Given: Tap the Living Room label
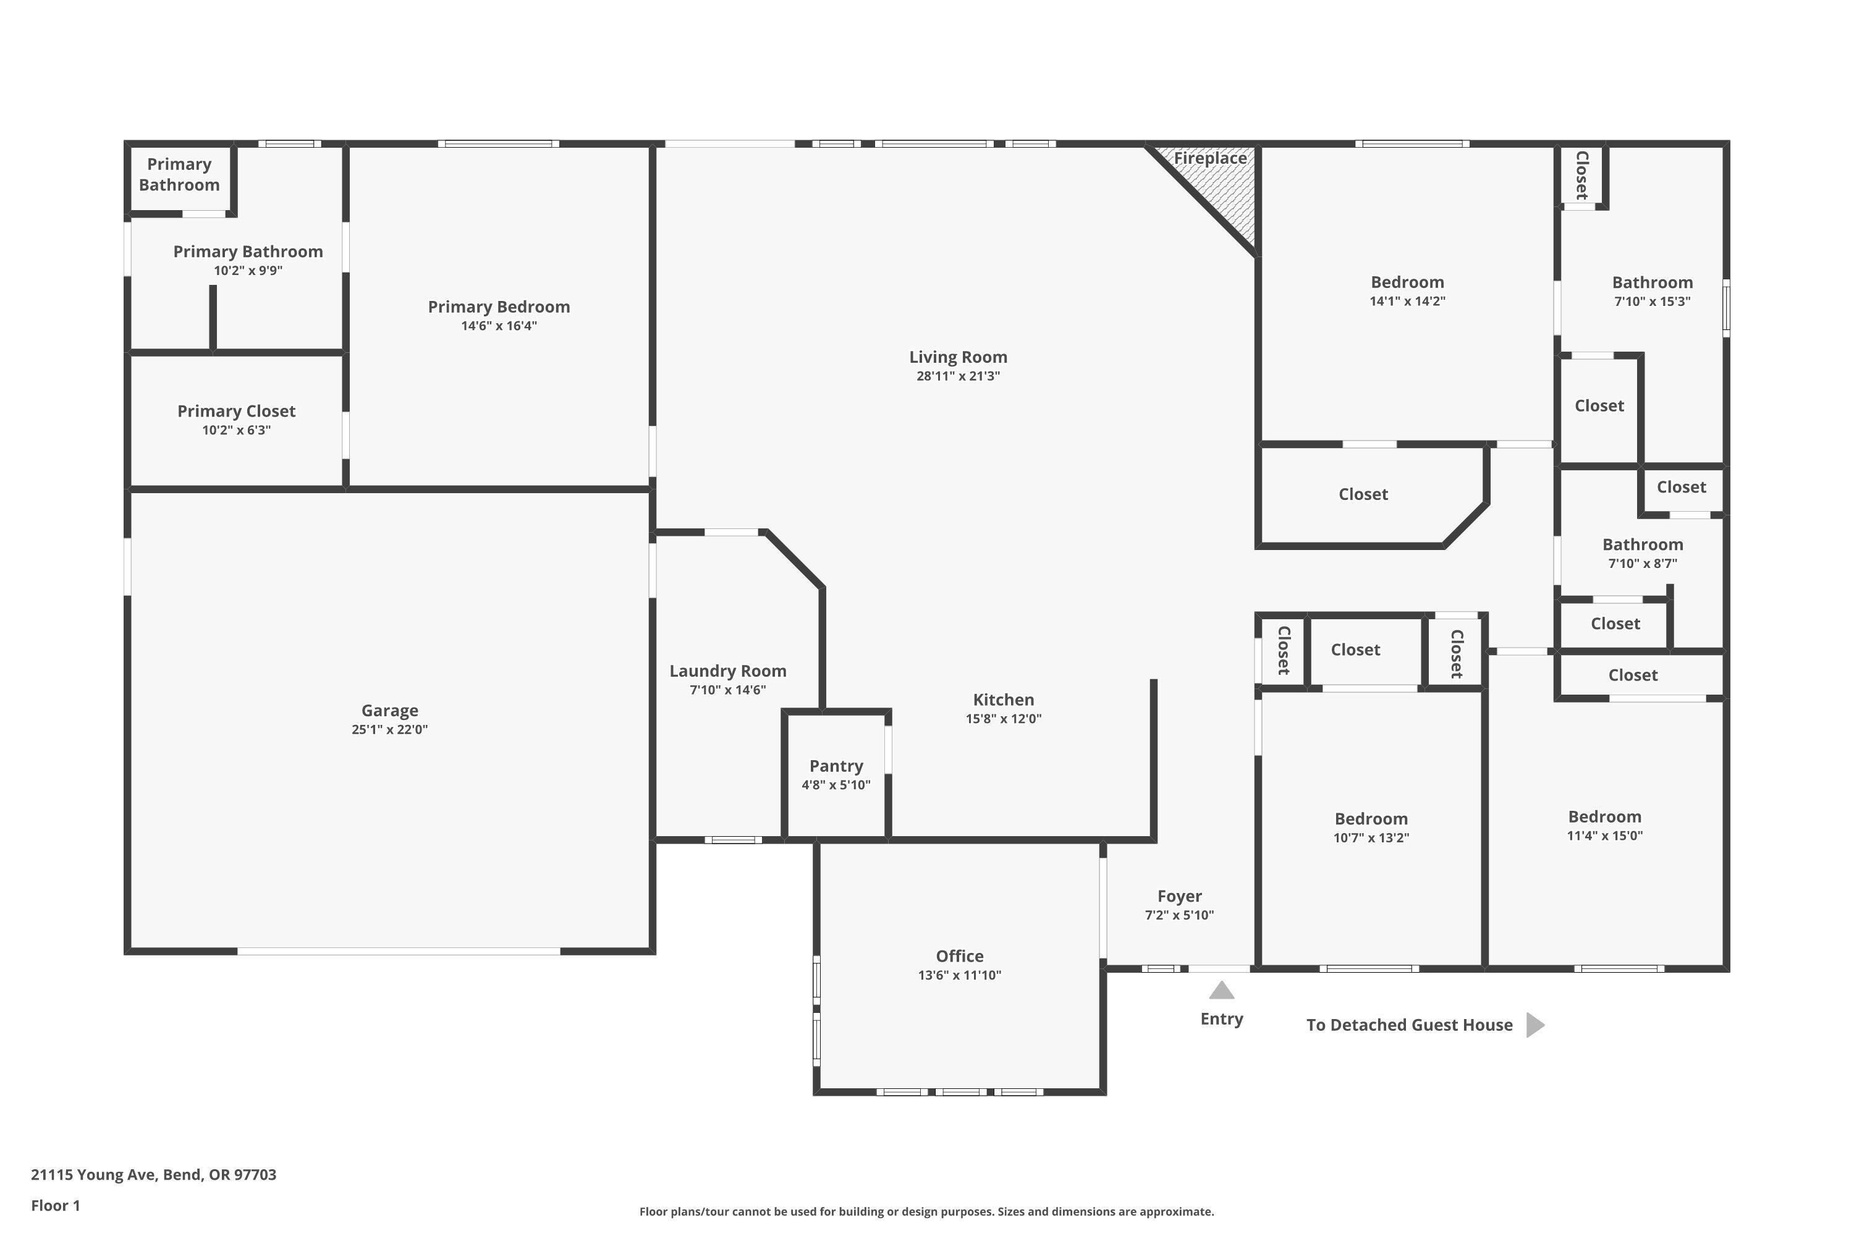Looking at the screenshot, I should pos(958,357).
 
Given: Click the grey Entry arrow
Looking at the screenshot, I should pos(1221,990).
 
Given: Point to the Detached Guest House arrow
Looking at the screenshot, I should pos(1534,1025).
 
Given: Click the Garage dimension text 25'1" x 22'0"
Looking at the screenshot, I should pos(389,730).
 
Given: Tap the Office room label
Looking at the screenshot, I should pos(959,956).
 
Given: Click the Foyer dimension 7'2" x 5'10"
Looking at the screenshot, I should pos(1179,915).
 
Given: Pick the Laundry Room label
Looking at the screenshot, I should pos(727,671).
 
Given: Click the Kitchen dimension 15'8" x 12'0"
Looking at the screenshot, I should pos(1004,719).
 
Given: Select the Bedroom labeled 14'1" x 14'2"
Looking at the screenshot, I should pos(1407,282).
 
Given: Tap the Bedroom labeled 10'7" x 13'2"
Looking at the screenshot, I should pos(1371,819).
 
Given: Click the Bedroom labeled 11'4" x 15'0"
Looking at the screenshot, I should pos(1604,816).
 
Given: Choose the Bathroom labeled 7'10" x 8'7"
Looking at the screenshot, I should pos(1643,544).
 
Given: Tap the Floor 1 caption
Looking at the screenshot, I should pos(55,1205).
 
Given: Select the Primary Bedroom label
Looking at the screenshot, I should pos(498,307).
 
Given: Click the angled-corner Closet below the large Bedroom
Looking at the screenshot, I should pos(1363,494).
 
